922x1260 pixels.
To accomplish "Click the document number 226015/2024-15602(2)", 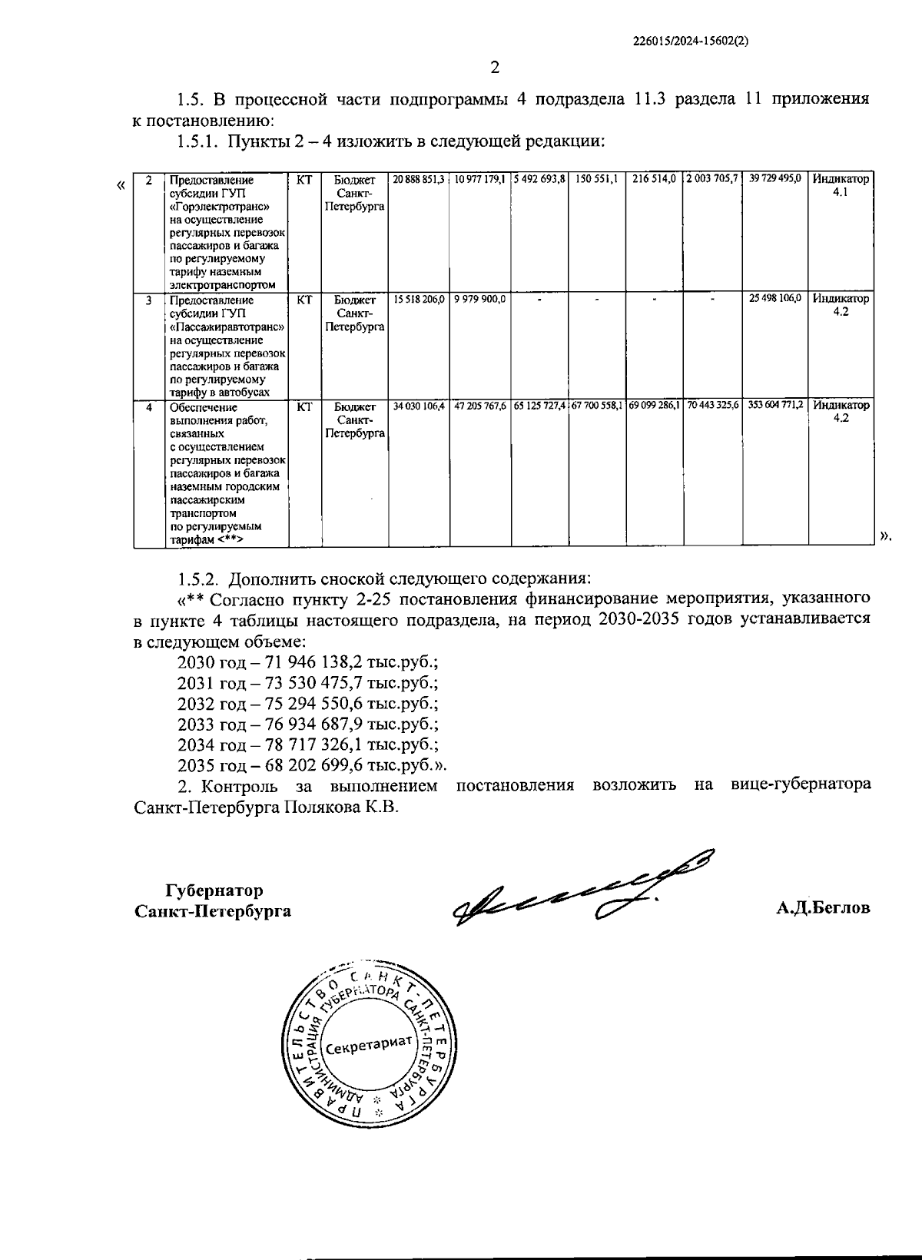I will [x=689, y=44].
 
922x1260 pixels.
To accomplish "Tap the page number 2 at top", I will [x=495, y=68].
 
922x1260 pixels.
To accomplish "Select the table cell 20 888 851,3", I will [x=419, y=179].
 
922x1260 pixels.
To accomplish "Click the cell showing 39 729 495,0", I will [x=775, y=179].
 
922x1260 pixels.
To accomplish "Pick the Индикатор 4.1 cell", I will [x=841, y=185].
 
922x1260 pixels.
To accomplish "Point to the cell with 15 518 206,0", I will [x=419, y=299].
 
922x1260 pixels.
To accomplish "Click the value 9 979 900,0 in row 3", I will [x=479, y=299].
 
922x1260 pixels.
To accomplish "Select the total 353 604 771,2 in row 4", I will [x=775, y=405].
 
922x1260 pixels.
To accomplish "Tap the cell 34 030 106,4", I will [x=419, y=405].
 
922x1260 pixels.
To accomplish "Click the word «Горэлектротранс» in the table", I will [x=218, y=207].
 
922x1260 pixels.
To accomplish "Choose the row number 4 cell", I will [x=149, y=406].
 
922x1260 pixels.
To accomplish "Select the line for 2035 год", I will [x=311, y=766].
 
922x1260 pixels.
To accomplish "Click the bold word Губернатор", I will [x=214, y=890].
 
